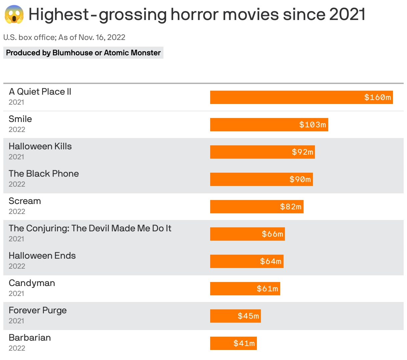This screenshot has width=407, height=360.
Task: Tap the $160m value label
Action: [377, 97]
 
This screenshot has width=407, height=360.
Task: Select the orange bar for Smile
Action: [269, 125]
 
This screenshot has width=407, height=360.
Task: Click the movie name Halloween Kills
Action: [40, 146]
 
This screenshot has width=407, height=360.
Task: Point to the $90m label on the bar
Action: [300, 179]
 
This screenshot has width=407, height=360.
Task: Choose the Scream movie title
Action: [25, 201]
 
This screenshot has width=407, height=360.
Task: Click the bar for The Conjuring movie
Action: [247, 234]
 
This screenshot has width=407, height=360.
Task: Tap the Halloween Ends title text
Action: [42, 256]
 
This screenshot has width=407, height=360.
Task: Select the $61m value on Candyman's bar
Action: [267, 289]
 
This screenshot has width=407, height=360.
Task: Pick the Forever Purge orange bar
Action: [235, 316]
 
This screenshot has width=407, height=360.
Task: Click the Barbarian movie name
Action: [30, 338]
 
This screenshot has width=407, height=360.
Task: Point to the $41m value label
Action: [244, 343]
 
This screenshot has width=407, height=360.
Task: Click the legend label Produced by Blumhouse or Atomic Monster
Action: [83, 53]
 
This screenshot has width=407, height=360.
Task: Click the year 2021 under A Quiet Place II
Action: [16, 102]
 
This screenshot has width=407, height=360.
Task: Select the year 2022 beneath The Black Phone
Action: [17, 184]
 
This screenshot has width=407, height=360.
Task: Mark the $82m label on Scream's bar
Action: [291, 207]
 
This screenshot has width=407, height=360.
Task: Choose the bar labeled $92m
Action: [262, 152]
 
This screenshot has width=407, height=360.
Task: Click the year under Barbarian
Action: [17, 348]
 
